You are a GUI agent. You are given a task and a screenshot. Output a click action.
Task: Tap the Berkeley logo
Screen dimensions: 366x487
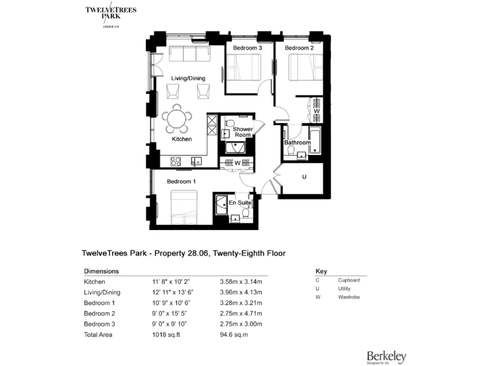386,357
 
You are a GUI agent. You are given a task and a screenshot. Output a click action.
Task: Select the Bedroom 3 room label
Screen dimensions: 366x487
247,48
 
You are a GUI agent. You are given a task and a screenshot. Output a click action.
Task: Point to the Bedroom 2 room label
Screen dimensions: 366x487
299,48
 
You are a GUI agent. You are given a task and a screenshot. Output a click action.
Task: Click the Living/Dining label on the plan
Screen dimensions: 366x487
188,78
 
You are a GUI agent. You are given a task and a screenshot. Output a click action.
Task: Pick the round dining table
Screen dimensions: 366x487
178,118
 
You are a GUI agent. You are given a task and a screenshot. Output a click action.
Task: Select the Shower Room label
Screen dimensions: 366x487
242,132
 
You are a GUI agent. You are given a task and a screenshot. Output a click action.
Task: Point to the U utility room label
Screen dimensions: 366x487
304,177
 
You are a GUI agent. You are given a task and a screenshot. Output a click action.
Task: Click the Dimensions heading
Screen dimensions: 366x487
101,270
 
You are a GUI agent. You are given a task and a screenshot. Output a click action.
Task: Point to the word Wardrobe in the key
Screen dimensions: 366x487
349,297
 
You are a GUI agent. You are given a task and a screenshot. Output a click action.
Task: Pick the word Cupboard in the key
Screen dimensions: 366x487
349,280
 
